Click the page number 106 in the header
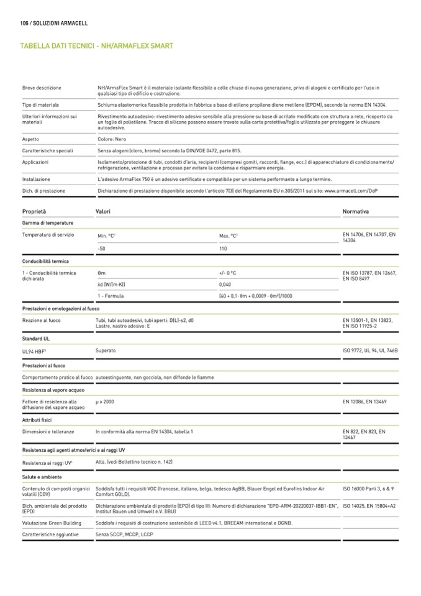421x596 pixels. click(25, 23)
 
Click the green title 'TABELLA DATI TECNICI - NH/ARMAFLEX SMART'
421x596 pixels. click(96, 46)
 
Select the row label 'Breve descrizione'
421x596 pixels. click(42, 88)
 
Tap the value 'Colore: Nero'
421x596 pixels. click(112, 139)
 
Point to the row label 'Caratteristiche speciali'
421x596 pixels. click(48, 150)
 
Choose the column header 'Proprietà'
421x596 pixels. click(34, 212)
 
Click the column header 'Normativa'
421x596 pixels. click(356, 212)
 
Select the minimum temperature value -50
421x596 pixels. click(102, 248)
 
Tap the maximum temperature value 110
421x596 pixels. click(224, 248)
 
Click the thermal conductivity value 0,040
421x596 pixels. click(225, 284)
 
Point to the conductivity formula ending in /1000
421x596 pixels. click(255, 296)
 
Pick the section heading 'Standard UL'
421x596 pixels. click(36, 340)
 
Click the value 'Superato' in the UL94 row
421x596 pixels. click(106, 351)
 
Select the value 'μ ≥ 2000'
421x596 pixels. click(105, 402)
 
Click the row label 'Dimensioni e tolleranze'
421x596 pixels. click(48, 431)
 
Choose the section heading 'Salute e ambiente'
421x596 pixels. click(42, 477)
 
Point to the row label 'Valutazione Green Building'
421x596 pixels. click(52, 523)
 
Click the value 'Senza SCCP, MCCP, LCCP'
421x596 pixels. click(124, 534)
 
